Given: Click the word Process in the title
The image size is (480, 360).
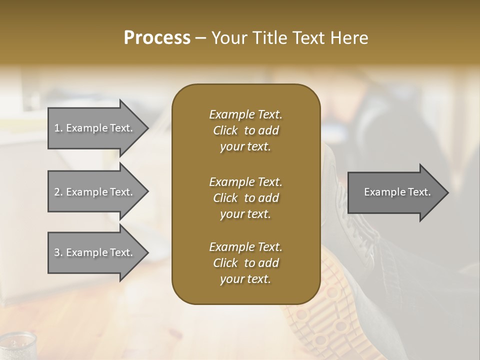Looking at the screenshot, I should coord(157,38).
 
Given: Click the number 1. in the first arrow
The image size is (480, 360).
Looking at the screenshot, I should coord(58,128).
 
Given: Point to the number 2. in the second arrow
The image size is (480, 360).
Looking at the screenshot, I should coord(58,192).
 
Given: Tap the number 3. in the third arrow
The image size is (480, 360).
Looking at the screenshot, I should coord(58,252).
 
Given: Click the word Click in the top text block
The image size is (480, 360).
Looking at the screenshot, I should coord(225,131).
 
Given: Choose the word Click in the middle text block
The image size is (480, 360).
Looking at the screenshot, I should coord(225,198).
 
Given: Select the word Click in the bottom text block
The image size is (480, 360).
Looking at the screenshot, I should coord(225,263).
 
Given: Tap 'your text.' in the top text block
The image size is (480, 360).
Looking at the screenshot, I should coord(245,147).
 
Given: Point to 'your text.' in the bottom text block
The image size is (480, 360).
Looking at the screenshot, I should coord(245,279).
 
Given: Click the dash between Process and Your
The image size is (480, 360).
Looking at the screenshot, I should coord(200,38).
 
